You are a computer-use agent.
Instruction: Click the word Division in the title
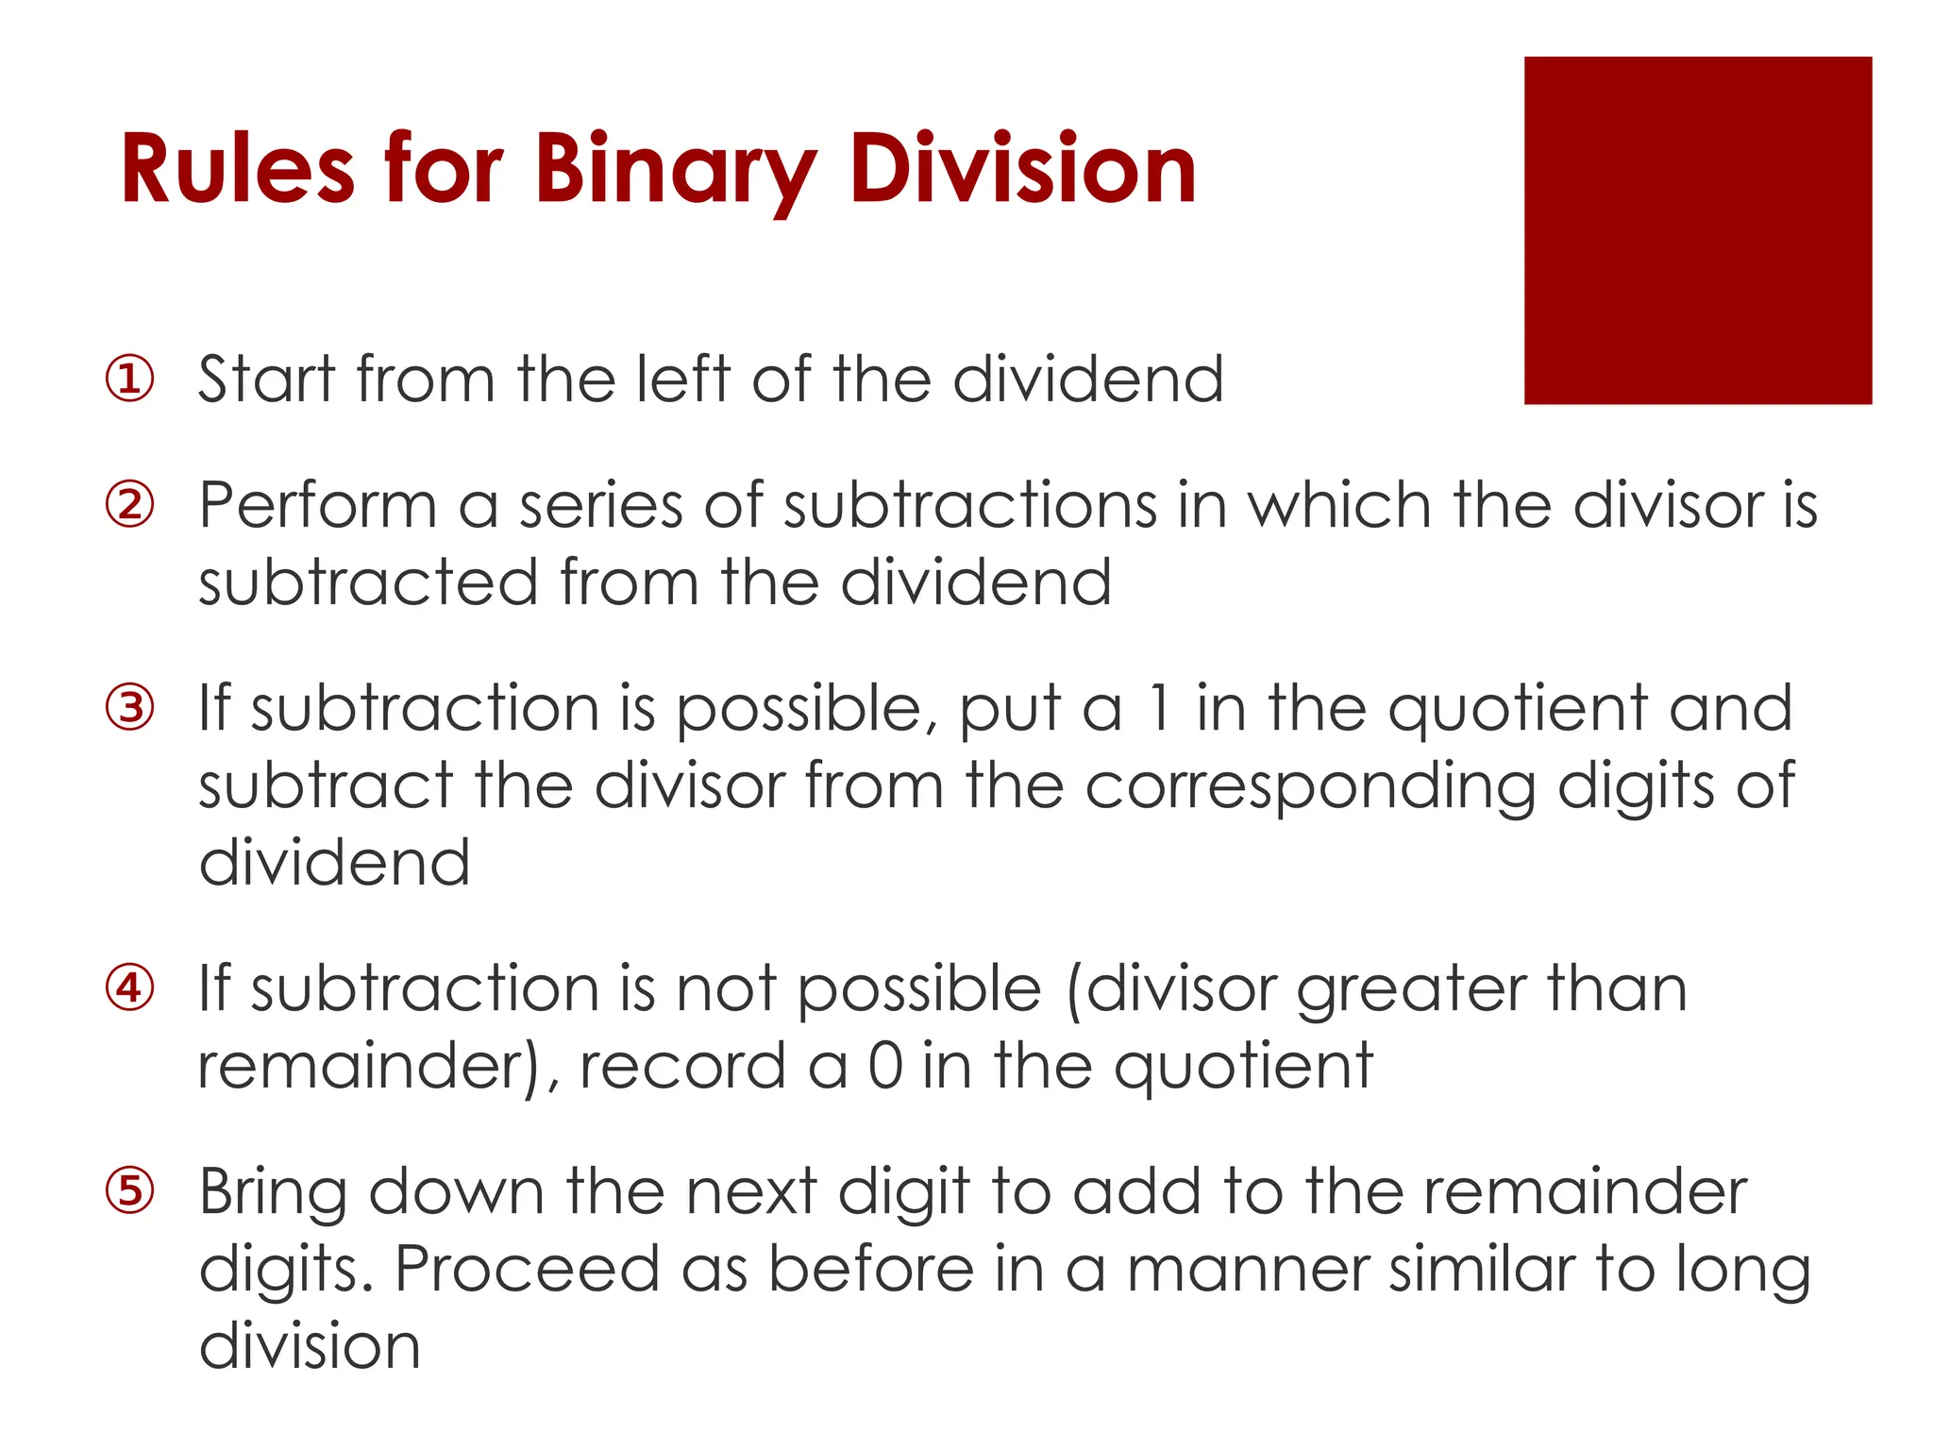[x=1023, y=170]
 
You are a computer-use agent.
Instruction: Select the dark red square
[x=1697, y=230]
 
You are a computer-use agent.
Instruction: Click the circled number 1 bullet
[x=129, y=379]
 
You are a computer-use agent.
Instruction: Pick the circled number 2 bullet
[x=129, y=505]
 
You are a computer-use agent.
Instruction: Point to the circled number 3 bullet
[x=129, y=708]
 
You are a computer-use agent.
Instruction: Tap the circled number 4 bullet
[x=129, y=988]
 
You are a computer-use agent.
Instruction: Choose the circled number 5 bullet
[x=129, y=1190]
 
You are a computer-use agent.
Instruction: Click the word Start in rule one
[x=267, y=379]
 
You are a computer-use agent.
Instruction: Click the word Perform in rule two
[x=317, y=505]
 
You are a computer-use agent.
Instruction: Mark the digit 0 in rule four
[x=885, y=1066]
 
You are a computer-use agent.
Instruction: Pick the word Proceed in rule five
[x=527, y=1269]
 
